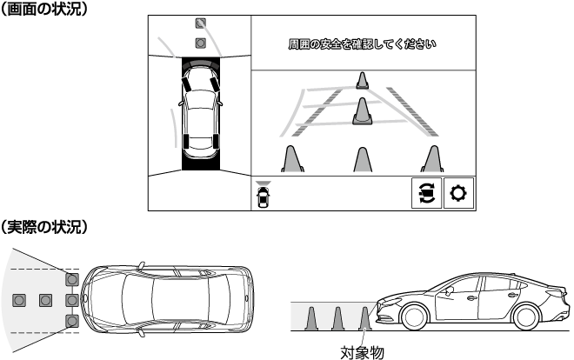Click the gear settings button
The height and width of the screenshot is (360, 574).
[x=458, y=193]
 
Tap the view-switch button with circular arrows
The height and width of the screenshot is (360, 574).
[x=426, y=193]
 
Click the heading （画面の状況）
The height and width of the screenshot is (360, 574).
[x=44, y=8]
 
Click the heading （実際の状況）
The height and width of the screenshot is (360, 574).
[x=44, y=227]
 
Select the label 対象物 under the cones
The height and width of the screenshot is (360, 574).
[x=362, y=353]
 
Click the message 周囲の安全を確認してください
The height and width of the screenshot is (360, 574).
[x=363, y=44]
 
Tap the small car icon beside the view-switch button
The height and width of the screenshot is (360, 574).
[x=263, y=194]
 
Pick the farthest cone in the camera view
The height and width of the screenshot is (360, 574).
[x=362, y=81]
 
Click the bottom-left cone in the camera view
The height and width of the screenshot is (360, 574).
[x=292, y=159]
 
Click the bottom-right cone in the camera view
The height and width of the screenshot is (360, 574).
[x=433, y=159]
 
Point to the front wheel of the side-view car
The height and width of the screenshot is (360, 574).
[x=414, y=317]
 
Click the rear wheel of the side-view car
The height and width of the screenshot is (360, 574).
[x=526, y=317]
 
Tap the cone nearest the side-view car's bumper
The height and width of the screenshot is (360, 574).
[x=364, y=319]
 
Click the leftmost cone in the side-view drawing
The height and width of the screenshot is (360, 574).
[x=310, y=319]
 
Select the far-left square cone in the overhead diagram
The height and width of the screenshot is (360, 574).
[x=19, y=300]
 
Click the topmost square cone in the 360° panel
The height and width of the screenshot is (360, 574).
[x=200, y=23]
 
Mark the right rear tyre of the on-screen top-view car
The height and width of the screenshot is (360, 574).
[x=216, y=141]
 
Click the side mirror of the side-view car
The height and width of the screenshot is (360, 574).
[x=449, y=290]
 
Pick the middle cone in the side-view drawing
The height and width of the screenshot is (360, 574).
[x=337, y=319]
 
